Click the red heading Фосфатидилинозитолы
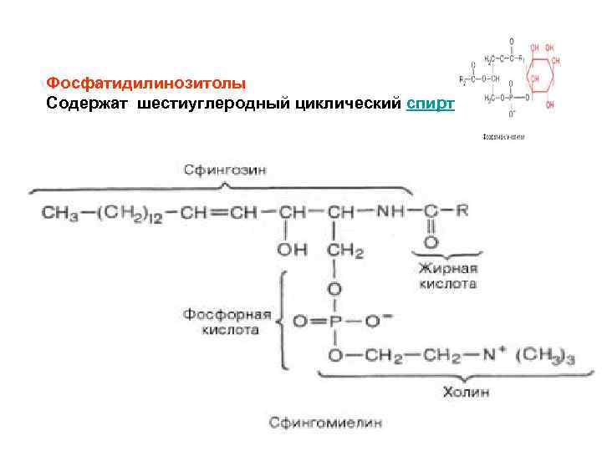coord(146,84)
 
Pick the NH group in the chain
coord(393,212)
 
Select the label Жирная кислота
coord(448,276)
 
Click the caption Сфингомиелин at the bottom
coord(325,423)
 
